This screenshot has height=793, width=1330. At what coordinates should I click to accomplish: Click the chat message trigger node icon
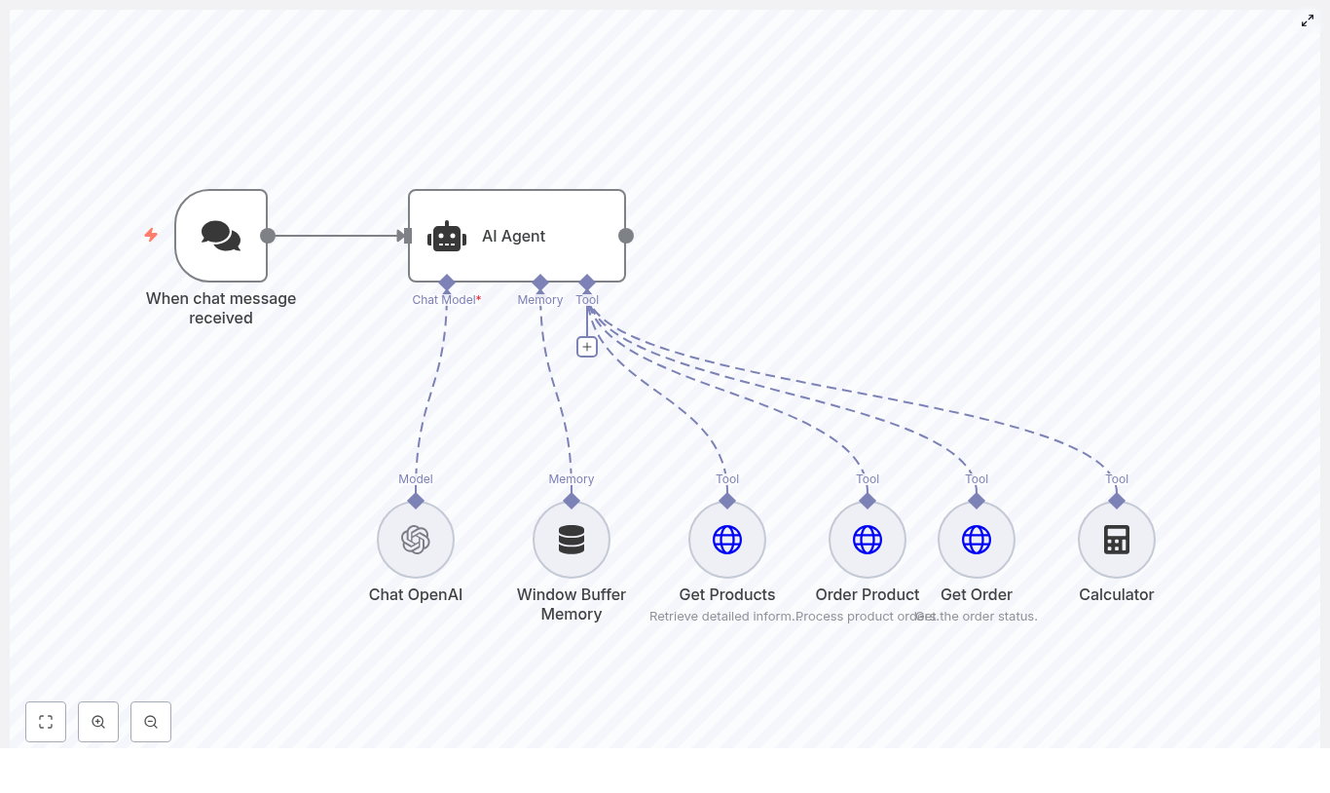pyautogui.click(x=221, y=236)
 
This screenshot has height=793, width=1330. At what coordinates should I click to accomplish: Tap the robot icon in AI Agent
pyautogui.click(x=447, y=237)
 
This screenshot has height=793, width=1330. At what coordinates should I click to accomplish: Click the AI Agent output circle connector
pyautogui.click(x=626, y=236)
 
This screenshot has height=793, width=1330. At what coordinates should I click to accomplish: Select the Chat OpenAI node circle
pyautogui.click(x=416, y=540)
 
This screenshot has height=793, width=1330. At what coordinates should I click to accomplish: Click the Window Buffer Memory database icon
pyautogui.click(x=572, y=540)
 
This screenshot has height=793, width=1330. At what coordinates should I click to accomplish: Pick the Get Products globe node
pyautogui.click(x=727, y=540)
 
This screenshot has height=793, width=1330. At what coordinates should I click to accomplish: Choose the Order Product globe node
pyautogui.click(x=868, y=540)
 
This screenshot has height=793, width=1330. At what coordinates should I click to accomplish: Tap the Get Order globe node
pyautogui.click(x=977, y=540)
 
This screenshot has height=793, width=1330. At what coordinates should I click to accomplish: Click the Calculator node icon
pyautogui.click(x=1117, y=540)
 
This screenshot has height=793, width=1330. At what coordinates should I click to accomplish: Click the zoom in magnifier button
pyautogui.click(x=98, y=722)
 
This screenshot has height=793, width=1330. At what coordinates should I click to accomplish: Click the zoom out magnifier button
pyautogui.click(x=151, y=722)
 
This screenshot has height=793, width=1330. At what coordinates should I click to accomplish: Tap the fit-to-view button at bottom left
pyautogui.click(x=46, y=722)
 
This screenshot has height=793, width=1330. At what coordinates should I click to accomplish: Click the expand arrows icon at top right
pyautogui.click(x=1308, y=20)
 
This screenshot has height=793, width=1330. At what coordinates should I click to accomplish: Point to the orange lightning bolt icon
pyautogui.click(x=151, y=235)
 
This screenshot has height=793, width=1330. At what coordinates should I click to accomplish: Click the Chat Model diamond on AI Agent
pyautogui.click(x=447, y=283)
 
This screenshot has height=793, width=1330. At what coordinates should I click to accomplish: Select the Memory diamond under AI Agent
pyautogui.click(x=540, y=283)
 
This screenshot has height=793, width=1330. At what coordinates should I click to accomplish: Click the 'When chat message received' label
pyautogui.click(x=221, y=308)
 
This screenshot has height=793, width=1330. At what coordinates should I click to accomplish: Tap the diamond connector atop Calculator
pyautogui.click(x=1117, y=501)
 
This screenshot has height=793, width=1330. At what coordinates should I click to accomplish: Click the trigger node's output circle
pyautogui.click(x=268, y=236)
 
